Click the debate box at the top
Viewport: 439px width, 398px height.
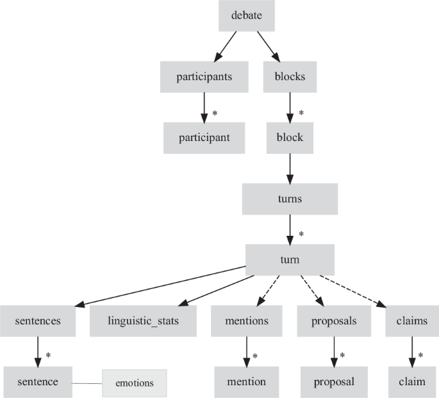point(247,15)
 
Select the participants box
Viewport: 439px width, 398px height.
point(204,77)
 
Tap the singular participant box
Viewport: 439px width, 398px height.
point(204,137)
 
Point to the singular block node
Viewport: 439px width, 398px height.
point(290,137)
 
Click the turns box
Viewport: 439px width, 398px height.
point(290,199)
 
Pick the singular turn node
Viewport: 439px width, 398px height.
point(290,260)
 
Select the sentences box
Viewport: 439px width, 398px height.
point(38,320)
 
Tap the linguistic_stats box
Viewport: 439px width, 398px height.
point(143,320)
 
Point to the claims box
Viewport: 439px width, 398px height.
point(411,320)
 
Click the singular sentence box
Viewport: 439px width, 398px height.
point(38,382)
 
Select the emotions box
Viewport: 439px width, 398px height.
point(134,383)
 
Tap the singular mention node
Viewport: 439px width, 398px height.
point(246,382)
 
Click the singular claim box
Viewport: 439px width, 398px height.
point(411,382)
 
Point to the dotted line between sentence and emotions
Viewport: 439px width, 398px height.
point(87,383)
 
